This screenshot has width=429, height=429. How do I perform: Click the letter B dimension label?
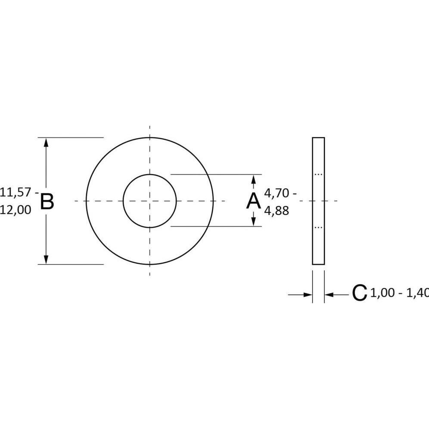(x=47, y=202)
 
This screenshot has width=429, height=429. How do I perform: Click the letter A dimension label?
(x=254, y=201)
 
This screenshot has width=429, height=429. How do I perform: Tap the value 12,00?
(x=16, y=210)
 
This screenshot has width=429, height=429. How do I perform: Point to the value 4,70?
(x=277, y=193)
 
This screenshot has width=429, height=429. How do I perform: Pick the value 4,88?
(x=277, y=211)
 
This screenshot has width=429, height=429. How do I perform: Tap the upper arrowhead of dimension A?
(x=254, y=179)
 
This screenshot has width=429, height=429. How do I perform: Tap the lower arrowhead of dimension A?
(x=254, y=222)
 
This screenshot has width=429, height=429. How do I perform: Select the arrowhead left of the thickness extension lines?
(x=308, y=295)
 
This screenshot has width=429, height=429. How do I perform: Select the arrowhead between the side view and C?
(x=329, y=295)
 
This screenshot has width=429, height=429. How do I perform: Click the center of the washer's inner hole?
(x=149, y=201)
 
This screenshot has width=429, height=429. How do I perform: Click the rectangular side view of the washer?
(x=318, y=201)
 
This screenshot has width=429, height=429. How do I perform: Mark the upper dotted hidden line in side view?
(x=318, y=174)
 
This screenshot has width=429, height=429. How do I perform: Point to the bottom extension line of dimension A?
(x=215, y=227)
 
